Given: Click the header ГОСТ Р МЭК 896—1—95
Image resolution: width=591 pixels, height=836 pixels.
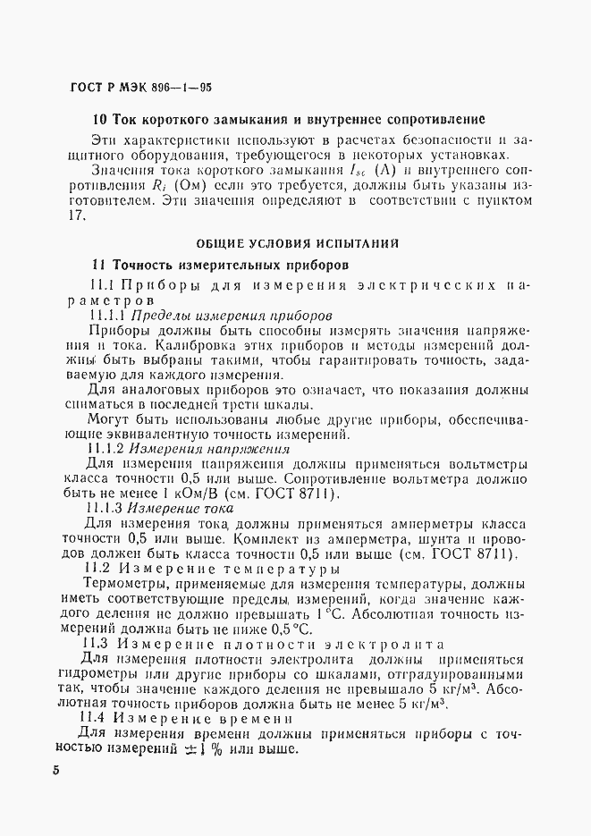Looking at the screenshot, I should (139, 89).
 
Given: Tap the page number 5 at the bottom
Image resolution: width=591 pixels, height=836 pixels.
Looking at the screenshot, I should (55, 771).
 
